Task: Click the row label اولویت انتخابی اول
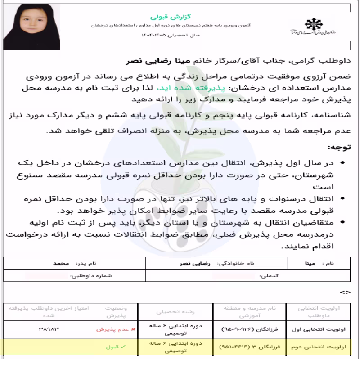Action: (319, 329)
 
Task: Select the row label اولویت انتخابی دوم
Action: (319, 347)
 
